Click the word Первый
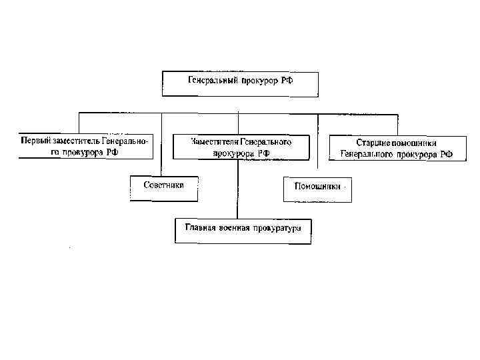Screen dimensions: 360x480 (34, 141)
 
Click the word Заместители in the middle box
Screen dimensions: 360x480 (213, 141)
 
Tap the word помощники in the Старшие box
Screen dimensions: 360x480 (417, 143)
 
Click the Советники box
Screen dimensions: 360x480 (163, 187)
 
